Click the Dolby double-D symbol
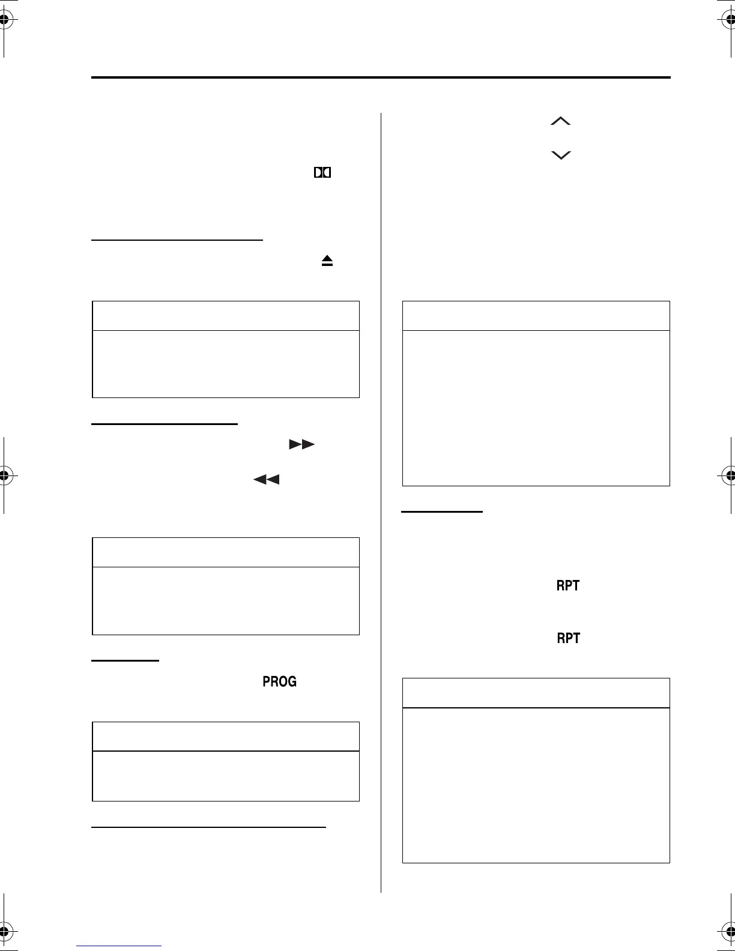(322, 173)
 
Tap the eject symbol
(327, 261)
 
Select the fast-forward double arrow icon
(301, 444)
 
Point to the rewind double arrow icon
(267, 479)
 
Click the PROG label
(279, 681)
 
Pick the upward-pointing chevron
(560, 121)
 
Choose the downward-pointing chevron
(560, 155)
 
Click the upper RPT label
(568, 585)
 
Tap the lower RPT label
(568, 638)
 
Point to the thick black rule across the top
(381, 77)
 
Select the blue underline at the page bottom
(119, 946)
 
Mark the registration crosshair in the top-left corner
(4, 20)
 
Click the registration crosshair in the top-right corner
(730, 20)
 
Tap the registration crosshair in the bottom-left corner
(4, 930)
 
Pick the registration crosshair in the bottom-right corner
(730, 930)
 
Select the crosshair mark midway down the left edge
(4, 475)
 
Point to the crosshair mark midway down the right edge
(730, 475)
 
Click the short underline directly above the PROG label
(125, 660)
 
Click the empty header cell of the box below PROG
(225, 737)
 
